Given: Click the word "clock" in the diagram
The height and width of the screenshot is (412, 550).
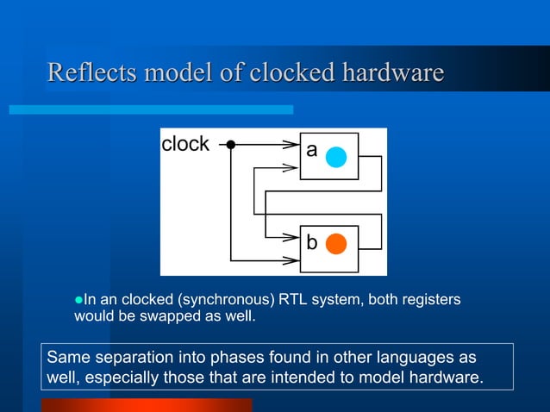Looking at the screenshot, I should pyautogui.click(x=185, y=144).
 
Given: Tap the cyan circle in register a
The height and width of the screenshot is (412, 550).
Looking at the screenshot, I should pyautogui.click(x=336, y=157).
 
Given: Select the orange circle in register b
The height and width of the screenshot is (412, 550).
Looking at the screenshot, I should pyautogui.click(x=336, y=244).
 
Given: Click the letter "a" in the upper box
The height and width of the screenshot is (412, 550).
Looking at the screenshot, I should pyautogui.click(x=312, y=149).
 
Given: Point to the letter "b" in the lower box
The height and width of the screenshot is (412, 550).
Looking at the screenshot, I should pyautogui.click(x=312, y=243).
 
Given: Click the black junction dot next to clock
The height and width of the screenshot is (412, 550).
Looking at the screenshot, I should pyautogui.click(x=231, y=145).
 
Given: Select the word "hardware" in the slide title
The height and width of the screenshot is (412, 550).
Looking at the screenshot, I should pyautogui.click(x=393, y=72).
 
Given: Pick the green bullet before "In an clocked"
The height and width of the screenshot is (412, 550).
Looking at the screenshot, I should pyautogui.click(x=78, y=299).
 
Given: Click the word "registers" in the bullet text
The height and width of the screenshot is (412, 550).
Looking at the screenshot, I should pyautogui.click(x=429, y=300).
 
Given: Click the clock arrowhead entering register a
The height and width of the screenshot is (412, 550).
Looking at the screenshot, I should pyautogui.click(x=294, y=145).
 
